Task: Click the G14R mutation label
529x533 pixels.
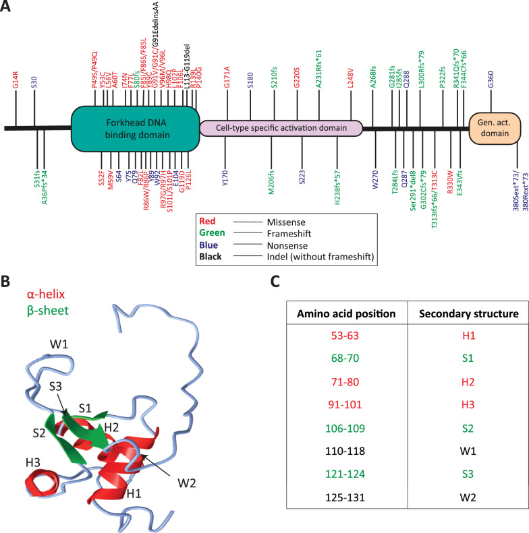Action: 16,80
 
